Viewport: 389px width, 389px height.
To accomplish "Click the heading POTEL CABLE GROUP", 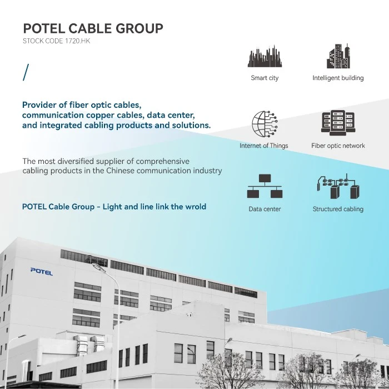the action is (x=93, y=28).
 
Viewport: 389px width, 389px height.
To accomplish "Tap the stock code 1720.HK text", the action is (x=56, y=41).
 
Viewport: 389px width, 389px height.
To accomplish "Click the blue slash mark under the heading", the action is (x=26, y=72).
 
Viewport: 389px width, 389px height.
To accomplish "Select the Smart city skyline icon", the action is (x=265, y=56).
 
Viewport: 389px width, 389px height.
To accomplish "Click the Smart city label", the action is (x=265, y=78).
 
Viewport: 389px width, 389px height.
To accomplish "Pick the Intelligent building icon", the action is (x=338, y=56).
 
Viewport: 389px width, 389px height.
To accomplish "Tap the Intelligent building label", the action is (x=338, y=78).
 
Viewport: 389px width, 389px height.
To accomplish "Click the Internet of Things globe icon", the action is (x=265, y=124).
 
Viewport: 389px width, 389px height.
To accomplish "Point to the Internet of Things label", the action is (x=264, y=146).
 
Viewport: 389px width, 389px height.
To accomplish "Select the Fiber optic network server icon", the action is (x=338, y=123).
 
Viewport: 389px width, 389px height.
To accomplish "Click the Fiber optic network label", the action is (x=338, y=146).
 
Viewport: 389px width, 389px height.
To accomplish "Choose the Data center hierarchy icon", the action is (x=265, y=186).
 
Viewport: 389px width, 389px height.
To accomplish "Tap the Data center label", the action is (x=265, y=209).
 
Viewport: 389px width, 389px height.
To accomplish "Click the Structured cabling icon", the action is (x=338, y=186).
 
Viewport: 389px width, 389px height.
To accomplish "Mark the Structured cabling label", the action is (x=338, y=209).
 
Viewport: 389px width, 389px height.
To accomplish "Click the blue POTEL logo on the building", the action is (x=42, y=272).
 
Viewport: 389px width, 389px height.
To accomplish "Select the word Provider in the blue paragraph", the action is (x=39, y=105).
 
